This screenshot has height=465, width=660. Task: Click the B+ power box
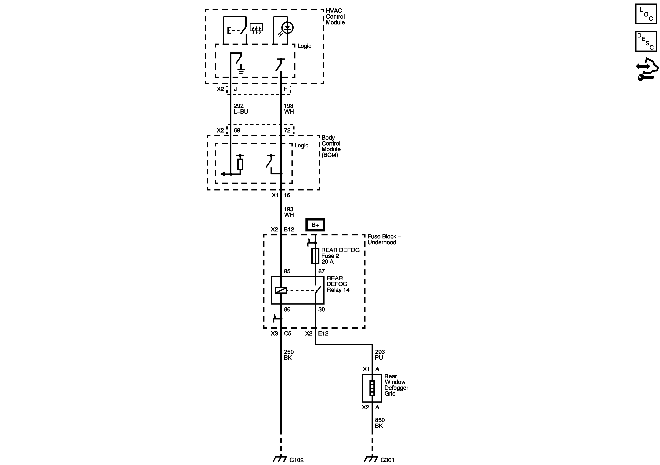click(x=315, y=225)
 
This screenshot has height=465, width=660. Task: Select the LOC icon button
click(x=646, y=14)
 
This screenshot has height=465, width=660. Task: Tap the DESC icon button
click(x=646, y=41)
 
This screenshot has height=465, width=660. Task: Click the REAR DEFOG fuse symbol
click(x=315, y=256)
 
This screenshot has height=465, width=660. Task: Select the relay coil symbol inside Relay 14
click(x=281, y=290)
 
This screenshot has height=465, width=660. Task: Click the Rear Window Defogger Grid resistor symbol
click(x=372, y=388)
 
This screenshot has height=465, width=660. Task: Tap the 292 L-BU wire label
click(x=240, y=109)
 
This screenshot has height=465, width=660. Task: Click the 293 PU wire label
click(x=379, y=355)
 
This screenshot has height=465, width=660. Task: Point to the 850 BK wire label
click(x=379, y=423)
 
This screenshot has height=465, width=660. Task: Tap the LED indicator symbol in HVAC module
click(x=288, y=28)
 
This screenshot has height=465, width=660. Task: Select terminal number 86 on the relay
click(x=287, y=309)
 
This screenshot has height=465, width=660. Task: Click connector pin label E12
click(x=323, y=333)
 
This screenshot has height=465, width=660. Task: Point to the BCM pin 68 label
click(x=237, y=130)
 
